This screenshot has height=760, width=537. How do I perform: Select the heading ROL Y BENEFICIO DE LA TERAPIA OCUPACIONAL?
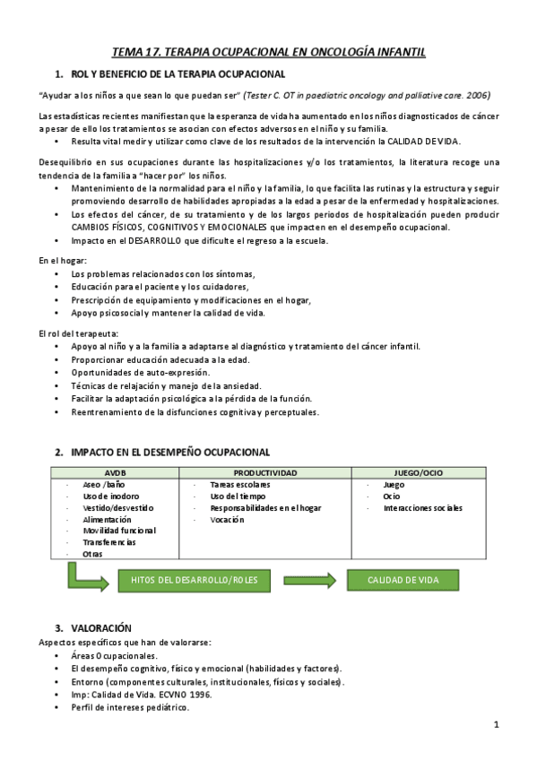pos(178,74)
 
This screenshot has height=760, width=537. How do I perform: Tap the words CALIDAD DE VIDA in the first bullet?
pos(425,142)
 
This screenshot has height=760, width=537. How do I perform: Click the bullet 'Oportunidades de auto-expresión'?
pos(141,372)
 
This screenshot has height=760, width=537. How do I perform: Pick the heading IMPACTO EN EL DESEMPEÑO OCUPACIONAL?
pos(169,453)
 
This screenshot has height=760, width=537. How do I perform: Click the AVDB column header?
pos(116,472)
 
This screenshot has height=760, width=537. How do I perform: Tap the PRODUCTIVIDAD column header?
pos(265,472)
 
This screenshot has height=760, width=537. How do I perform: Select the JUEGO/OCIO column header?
pos(417,472)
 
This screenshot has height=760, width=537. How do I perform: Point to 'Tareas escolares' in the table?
pos(239,484)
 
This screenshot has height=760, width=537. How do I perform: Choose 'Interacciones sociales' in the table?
pos(422,507)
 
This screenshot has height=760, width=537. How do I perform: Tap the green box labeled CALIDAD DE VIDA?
pos(403,580)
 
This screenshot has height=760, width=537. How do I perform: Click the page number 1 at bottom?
pos(496,724)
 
